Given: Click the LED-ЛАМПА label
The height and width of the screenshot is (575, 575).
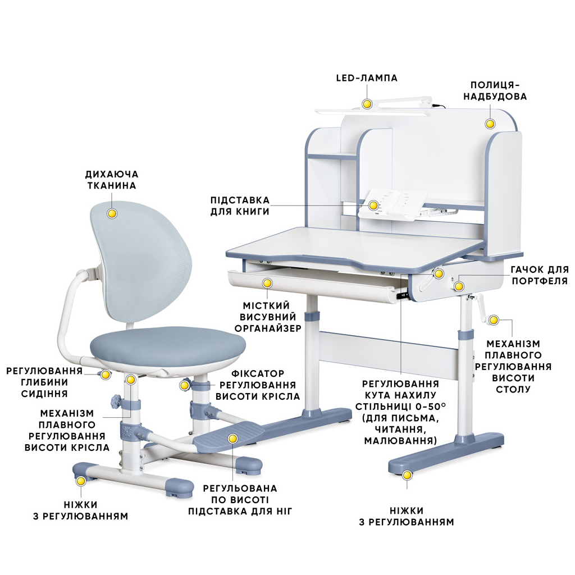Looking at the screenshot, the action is pyautogui.click(x=367, y=77).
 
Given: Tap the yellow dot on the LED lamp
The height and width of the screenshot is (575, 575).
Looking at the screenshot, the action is pyautogui.click(x=367, y=104).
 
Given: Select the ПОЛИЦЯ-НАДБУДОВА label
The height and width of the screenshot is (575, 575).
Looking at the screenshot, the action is pyautogui.click(x=495, y=90).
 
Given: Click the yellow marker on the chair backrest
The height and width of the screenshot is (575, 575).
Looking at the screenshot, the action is pyautogui.click(x=112, y=213).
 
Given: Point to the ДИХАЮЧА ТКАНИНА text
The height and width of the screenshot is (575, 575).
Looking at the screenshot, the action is pyautogui.click(x=112, y=180).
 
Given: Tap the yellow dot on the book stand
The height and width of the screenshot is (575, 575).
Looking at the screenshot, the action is pyautogui.click(x=373, y=206).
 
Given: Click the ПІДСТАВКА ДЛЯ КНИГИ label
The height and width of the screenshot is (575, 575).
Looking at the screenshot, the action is pyautogui.click(x=240, y=206).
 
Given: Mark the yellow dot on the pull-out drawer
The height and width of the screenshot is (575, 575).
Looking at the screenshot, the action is pyautogui.click(x=267, y=283).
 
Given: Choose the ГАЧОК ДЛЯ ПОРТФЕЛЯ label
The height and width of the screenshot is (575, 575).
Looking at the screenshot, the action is pyautogui.click(x=540, y=275).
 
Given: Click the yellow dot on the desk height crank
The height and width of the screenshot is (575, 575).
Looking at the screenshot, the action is pyautogui.click(x=494, y=320).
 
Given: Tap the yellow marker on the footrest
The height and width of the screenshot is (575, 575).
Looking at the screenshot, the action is pyautogui.click(x=232, y=439).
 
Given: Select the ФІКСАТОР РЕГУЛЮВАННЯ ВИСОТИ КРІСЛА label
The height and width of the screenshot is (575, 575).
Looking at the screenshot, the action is pyautogui.click(x=258, y=385).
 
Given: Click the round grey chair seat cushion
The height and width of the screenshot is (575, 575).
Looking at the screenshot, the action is pyautogui.click(x=168, y=345).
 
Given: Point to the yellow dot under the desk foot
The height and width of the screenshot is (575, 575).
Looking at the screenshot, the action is pyautogui.click(x=407, y=476).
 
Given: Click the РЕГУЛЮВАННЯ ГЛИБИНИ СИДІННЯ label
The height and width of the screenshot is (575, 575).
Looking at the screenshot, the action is pyautogui.click(x=44, y=382).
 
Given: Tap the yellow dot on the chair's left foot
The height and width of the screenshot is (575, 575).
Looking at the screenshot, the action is pyautogui.click(x=81, y=481).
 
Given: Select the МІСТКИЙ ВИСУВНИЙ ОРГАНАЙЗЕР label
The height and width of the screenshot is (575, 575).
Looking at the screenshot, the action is pyautogui.click(x=268, y=317).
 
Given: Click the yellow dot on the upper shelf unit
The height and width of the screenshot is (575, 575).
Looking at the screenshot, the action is pyautogui.click(x=490, y=124).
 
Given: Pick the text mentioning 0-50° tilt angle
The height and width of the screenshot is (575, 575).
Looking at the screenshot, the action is pyautogui.click(x=400, y=412).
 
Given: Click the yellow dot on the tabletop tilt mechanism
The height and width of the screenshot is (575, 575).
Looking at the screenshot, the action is pyautogui.click(x=439, y=273).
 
